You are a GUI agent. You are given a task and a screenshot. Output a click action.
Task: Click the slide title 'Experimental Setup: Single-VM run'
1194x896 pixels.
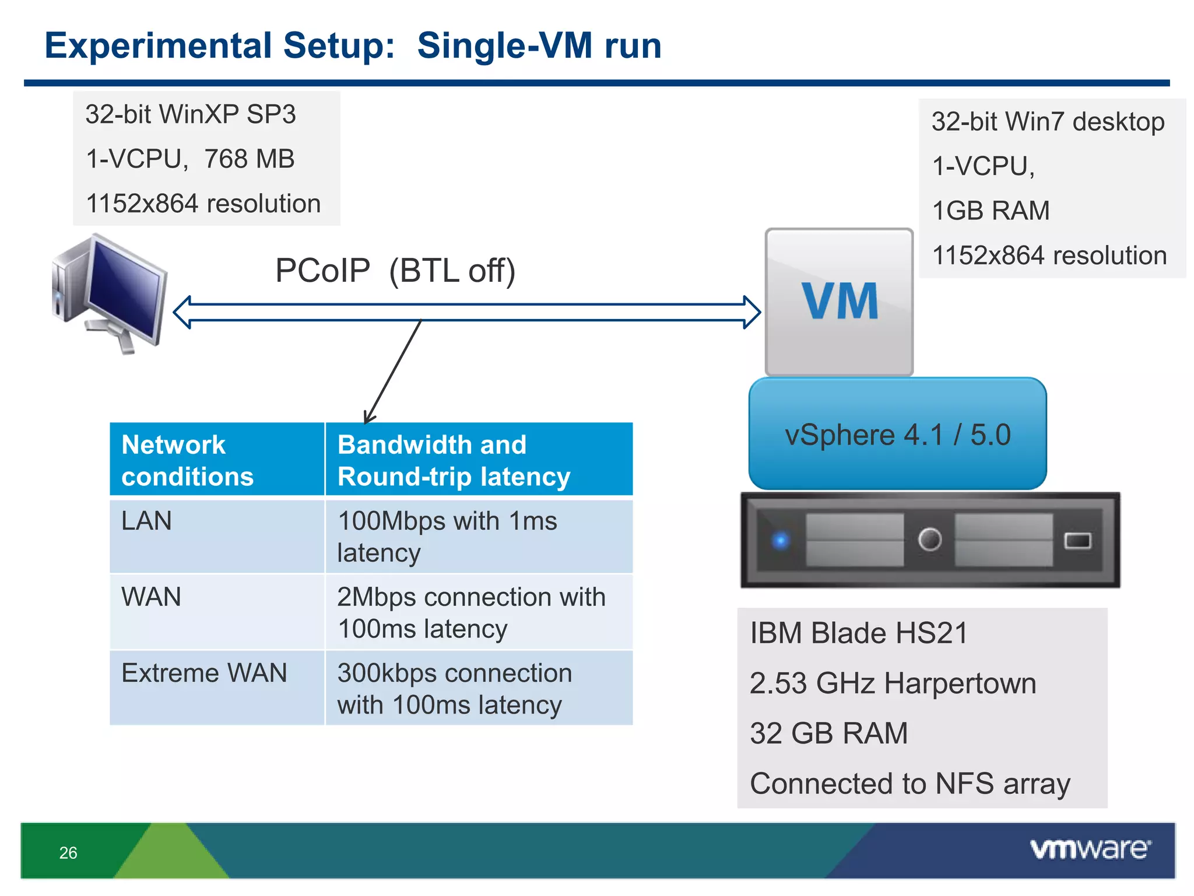353,46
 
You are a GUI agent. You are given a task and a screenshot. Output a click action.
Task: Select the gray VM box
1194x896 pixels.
839,302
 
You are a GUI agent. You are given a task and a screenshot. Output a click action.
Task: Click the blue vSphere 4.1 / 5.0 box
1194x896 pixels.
897,434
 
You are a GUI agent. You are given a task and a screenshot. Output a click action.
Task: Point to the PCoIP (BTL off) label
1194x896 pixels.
395,271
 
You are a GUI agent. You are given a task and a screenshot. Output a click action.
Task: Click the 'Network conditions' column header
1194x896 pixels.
216,460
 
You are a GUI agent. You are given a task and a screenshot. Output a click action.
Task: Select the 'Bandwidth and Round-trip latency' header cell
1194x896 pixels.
478,460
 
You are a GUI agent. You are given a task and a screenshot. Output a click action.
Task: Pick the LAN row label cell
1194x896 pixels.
216,536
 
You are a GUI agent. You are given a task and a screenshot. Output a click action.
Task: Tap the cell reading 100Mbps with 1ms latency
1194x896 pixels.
478,536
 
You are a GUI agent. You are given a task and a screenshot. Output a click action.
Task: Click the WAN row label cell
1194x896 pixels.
216,612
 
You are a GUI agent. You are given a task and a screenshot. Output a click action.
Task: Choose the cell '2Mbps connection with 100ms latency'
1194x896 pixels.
478,612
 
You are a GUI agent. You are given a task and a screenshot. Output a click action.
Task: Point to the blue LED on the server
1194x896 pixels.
781,540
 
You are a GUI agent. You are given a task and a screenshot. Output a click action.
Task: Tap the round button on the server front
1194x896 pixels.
929,539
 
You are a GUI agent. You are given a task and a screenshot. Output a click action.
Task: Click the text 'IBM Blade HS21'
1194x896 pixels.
858,633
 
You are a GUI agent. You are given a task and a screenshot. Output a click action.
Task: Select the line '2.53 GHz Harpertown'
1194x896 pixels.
893,683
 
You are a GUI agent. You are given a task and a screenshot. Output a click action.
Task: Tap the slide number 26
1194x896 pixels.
68,853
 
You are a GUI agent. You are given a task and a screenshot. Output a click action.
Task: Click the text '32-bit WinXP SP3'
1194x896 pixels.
191,114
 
